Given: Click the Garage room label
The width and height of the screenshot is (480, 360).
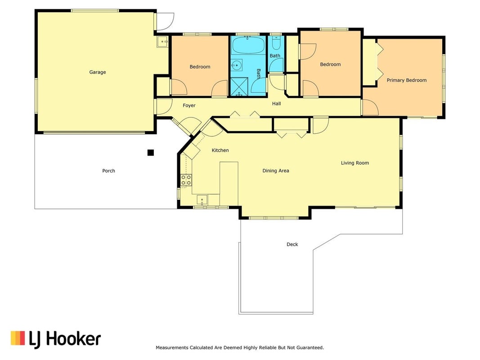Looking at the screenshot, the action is tap(98, 72).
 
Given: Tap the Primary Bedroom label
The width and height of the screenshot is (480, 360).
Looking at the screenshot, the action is tap(407, 80).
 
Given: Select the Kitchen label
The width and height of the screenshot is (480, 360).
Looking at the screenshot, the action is tap(220, 150).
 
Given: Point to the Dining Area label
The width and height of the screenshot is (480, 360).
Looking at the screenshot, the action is tap(276, 171).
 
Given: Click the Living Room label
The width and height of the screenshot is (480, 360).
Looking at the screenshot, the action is tap(355, 163).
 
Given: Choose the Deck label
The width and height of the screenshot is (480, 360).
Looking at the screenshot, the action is tap(292, 244).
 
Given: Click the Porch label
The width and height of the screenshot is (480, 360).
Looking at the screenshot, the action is tap(109, 171).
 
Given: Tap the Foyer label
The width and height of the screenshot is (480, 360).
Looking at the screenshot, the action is tap(189, 105).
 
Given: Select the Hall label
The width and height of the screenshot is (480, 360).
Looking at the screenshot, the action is tap(276, 103).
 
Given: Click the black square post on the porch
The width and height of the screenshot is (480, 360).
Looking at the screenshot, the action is tap(151, 153).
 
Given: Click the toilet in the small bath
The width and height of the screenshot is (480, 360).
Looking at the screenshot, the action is tap(276, 44).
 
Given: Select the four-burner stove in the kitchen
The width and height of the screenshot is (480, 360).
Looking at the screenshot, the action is tap(186, 180).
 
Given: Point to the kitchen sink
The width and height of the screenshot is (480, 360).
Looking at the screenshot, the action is tap(202, 200).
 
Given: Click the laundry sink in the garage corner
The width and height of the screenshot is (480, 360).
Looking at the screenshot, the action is tap(163, 41).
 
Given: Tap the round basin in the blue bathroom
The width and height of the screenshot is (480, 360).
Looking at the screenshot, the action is tap(236, 65).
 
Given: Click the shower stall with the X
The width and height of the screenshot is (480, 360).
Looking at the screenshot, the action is tap(239, 87).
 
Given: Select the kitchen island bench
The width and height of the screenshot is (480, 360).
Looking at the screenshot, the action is tap(229, 184).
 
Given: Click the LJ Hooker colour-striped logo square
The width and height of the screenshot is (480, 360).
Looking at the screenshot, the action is tap(18, 338).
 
